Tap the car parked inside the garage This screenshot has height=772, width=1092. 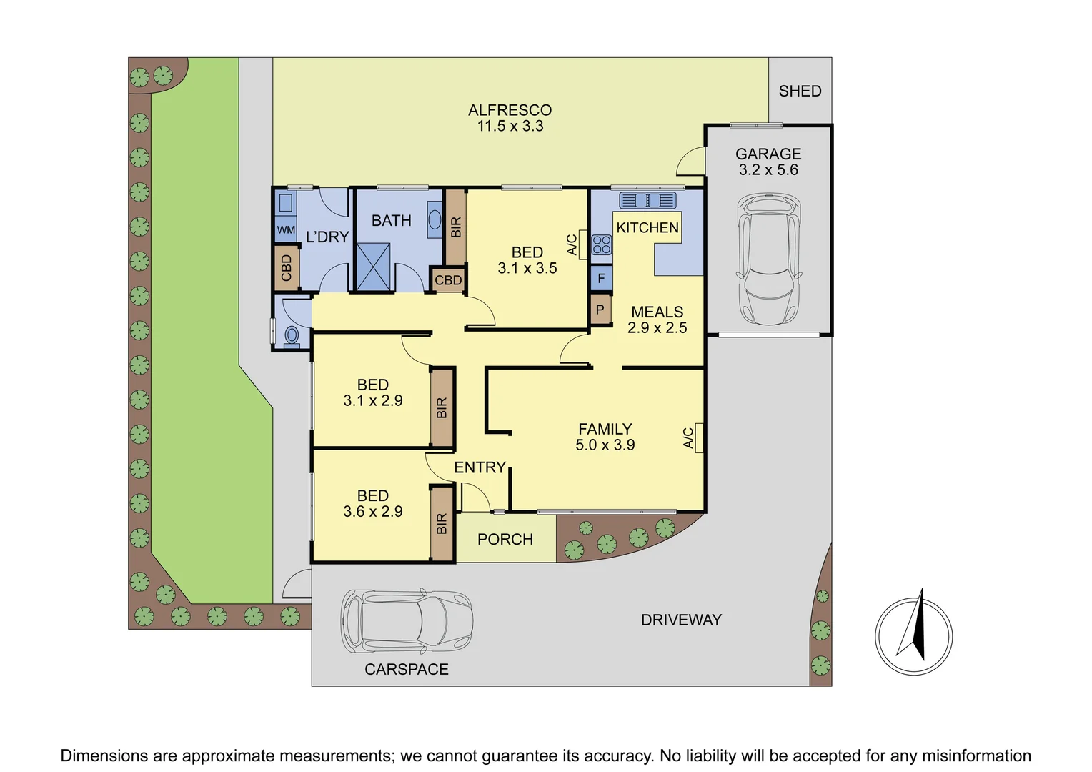click(768, 258)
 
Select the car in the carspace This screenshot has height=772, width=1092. click(406, 620)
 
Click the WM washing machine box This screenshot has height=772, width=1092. click(286, 230)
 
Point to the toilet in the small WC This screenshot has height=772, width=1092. click(292, 335)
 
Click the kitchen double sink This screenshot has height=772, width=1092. click(647, 200)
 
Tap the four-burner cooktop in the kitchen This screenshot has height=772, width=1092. click(601, 245)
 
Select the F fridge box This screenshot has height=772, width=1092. click(601, 279)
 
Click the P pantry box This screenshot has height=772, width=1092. click(600, 310)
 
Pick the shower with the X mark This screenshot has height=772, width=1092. click(374, 267)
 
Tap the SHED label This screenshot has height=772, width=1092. click(800, 91)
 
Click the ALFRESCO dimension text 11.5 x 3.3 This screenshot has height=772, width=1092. click(510, 127)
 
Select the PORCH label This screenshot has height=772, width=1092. click(505, 540)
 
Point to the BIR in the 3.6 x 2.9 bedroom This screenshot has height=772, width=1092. click(442, 523)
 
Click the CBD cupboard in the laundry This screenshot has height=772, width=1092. click(287, 268)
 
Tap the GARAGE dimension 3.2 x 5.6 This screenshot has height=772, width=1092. click(768, 170)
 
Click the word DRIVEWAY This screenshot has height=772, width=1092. click(681, 620)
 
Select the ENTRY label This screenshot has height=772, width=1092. click(480, 467)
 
